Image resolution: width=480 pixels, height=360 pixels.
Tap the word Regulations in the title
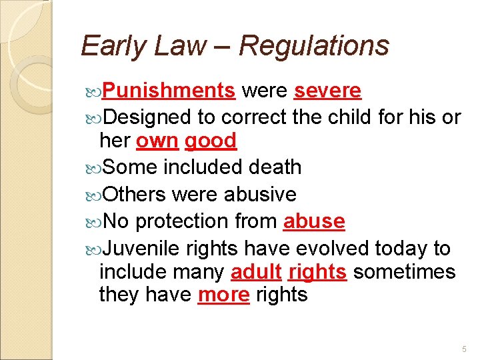click(313, 46)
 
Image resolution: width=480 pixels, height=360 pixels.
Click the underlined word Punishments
click(169, 90)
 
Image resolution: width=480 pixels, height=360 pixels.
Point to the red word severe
click(327, 90)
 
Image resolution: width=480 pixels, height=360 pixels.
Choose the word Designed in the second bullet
click(147, 117)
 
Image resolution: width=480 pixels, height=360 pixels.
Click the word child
click(351, 117)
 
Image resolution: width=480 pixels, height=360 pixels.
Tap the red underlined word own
click(157, 141)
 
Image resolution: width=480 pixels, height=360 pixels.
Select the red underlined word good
click(211, 141)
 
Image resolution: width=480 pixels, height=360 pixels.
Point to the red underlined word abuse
click(314, 221)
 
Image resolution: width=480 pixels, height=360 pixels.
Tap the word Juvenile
click(142, 249)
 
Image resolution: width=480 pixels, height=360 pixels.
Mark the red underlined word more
click(223, 295)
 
